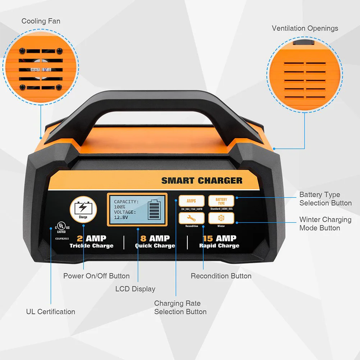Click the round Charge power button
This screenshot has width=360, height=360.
click(x=83, y=209)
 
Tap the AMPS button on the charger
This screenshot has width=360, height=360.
click(x=191, y=201)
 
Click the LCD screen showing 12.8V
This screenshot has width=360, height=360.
click(x=137, y=210)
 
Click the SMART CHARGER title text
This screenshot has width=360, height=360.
click(x=202, y=181)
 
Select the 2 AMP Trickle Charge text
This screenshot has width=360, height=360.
click(x=91, y=242)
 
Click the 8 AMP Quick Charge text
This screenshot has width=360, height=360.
click(x=155, y=242)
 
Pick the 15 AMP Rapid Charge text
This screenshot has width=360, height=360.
click(x=219, y=242)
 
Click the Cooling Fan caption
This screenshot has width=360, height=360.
click(x=41, y=21)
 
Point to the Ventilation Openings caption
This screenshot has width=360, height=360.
click(x=305, y=28)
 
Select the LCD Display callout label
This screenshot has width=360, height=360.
click(x=135, y=289)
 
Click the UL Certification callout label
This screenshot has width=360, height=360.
click(x=51, y=312)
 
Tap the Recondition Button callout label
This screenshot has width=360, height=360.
click(x=221, y=276)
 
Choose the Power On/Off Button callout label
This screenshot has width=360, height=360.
click(x=96, y=276)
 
